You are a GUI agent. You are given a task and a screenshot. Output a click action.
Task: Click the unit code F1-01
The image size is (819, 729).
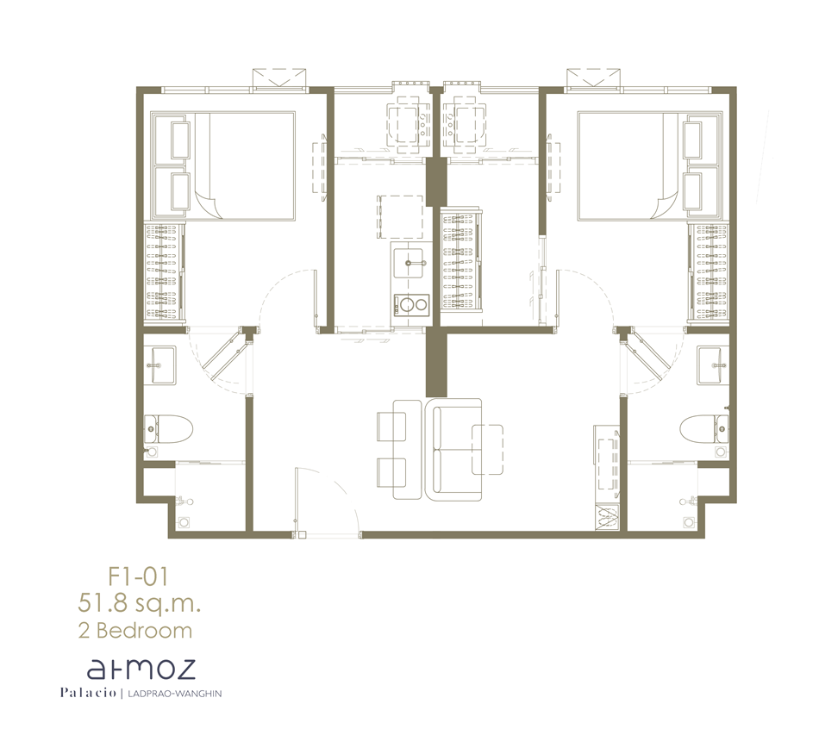pyautogui.click(x=138, y=577)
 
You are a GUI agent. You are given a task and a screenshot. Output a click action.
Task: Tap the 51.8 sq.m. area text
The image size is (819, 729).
pyautogui.click(x=140, y=604)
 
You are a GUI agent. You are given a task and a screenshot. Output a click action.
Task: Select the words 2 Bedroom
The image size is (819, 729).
pyautogui.click(x=135, y=630)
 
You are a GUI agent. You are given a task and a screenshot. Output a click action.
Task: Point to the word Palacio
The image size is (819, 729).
pyautogui.click(x=88, y=693)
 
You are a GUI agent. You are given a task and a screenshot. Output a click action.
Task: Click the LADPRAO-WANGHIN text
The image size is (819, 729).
pyautogui.click(x=171, y=694)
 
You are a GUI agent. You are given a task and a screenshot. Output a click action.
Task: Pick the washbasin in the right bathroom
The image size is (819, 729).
pyautogui.click(x=712, y=365)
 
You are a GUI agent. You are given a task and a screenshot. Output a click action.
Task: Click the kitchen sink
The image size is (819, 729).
pyautogui.click(x=408, y=263)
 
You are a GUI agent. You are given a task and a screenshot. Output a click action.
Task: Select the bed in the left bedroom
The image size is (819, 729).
pyautogui.click(x=223, y=165)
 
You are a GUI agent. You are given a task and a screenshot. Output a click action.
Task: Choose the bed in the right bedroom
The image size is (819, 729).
pyautogui.click(x=650, y=165)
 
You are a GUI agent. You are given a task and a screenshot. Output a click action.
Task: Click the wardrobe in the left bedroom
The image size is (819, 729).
pyautogui.click(x=164, y=271)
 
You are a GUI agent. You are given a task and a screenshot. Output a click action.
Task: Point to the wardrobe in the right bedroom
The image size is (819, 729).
pyautogui.click(x=709, y=271)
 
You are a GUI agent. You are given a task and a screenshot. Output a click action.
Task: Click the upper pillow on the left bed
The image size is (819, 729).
pyautogui.click(x=180, y=140)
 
